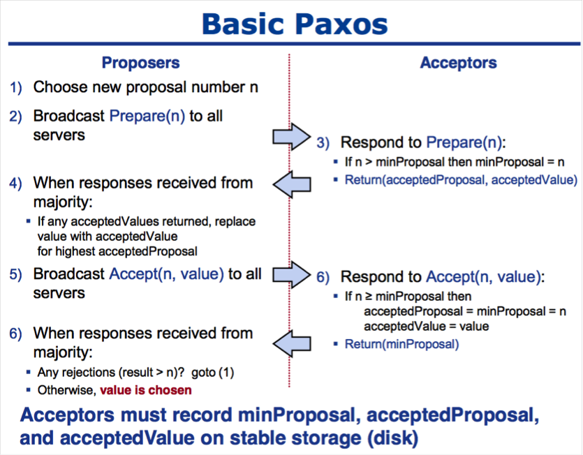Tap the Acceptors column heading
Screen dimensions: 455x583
click(x=458, y=63)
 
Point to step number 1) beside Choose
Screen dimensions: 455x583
click(x=16, y=88)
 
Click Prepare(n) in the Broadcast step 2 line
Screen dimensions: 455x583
click(x=147, y=116)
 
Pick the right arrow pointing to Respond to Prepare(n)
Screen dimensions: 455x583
click(x=290, y=135)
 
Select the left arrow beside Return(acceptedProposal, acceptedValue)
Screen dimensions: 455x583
click(x=292, y=184)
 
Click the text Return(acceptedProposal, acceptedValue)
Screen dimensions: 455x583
click(x=454, y=179)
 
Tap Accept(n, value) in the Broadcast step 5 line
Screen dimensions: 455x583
click(x=166, y=274)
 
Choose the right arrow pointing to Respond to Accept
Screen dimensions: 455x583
click(x=290, y=275)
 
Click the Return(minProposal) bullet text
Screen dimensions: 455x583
click(x=401, y=344)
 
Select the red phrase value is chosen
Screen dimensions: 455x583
click(x=145, y=390)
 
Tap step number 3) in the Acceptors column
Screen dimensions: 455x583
click(x=323, y=143)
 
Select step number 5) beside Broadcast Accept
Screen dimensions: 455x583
click(x=16, y=274)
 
